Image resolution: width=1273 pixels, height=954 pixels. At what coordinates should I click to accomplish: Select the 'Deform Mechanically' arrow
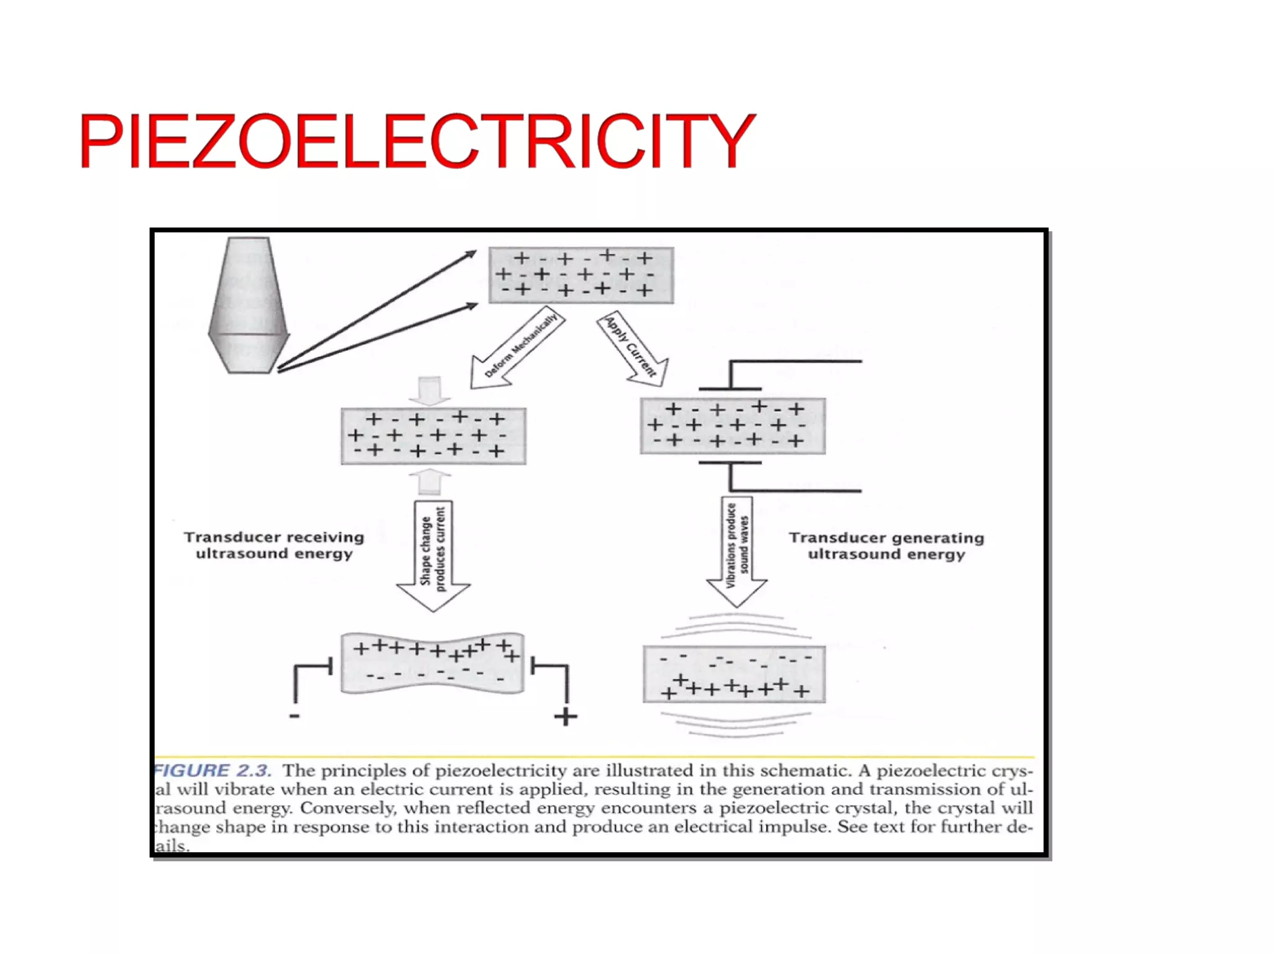coord(516,348)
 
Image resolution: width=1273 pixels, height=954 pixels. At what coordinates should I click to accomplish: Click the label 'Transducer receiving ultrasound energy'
coord(274,545)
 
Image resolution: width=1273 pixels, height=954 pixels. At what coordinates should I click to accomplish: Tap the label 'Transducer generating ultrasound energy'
coord(886,546)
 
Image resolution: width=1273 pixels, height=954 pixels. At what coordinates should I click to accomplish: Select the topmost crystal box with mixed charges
coord(581,275)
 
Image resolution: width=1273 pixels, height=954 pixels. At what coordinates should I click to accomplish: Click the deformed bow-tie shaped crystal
coord(433,663)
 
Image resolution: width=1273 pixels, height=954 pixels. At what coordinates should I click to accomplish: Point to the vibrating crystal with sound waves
coord(734,675)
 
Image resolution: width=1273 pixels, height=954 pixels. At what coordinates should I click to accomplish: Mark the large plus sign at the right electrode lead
coord(566,717)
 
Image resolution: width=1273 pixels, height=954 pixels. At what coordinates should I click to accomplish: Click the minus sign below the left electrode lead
coord(295,716)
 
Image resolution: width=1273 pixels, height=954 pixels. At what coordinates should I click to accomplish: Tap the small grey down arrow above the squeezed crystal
coord(430,390)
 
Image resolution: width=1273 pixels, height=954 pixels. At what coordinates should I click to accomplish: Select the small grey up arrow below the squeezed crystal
coord(430,482)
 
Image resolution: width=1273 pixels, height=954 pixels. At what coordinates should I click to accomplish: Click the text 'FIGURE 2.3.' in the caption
coord(213,771)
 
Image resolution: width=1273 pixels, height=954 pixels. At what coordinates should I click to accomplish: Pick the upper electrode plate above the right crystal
coord(730,389)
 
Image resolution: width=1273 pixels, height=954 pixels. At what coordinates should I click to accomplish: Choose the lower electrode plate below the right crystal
coord(730,463)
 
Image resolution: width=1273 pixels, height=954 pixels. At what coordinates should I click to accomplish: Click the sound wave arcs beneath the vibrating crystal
coord(734,724)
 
